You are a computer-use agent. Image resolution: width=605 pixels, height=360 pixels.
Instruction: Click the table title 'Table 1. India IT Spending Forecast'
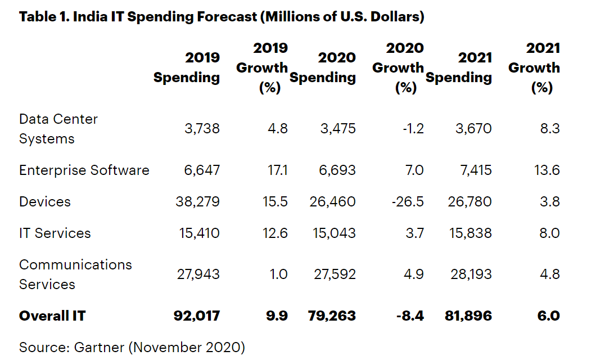pyautogui.click(x=221, y=17)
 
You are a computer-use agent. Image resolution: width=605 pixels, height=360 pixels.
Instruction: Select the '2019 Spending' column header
pyautogui.click(x=187, y=67)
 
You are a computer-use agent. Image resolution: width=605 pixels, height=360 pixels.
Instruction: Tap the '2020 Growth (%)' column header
pyautogui.click(x=398, y=67)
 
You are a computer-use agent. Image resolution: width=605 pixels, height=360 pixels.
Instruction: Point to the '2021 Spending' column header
pyautogui.click(x=459, y=67)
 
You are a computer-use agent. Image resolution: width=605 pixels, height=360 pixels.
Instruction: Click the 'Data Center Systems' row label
pyautogui.click(x=58, y=129)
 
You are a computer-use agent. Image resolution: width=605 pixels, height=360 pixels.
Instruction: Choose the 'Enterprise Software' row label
pyautogui.click(x=84, y=170)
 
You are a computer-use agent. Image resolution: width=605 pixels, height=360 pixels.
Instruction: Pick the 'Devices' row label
pyautogui.click(x=45, y=201)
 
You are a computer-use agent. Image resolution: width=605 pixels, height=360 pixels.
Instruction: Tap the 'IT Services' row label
pyautogui.click(x=55, y=233)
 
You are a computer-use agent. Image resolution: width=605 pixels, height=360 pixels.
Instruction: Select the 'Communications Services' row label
pyautogui.click(x=75, y=274)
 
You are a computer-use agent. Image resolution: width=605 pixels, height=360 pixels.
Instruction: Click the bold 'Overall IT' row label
pyautogui.click(x=52, y=316)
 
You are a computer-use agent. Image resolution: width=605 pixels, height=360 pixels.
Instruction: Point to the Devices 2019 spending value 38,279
pyautogui.click(x=198, y=201)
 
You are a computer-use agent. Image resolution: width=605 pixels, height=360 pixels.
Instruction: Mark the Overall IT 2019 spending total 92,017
pyautogui.click(x=196, y=316)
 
